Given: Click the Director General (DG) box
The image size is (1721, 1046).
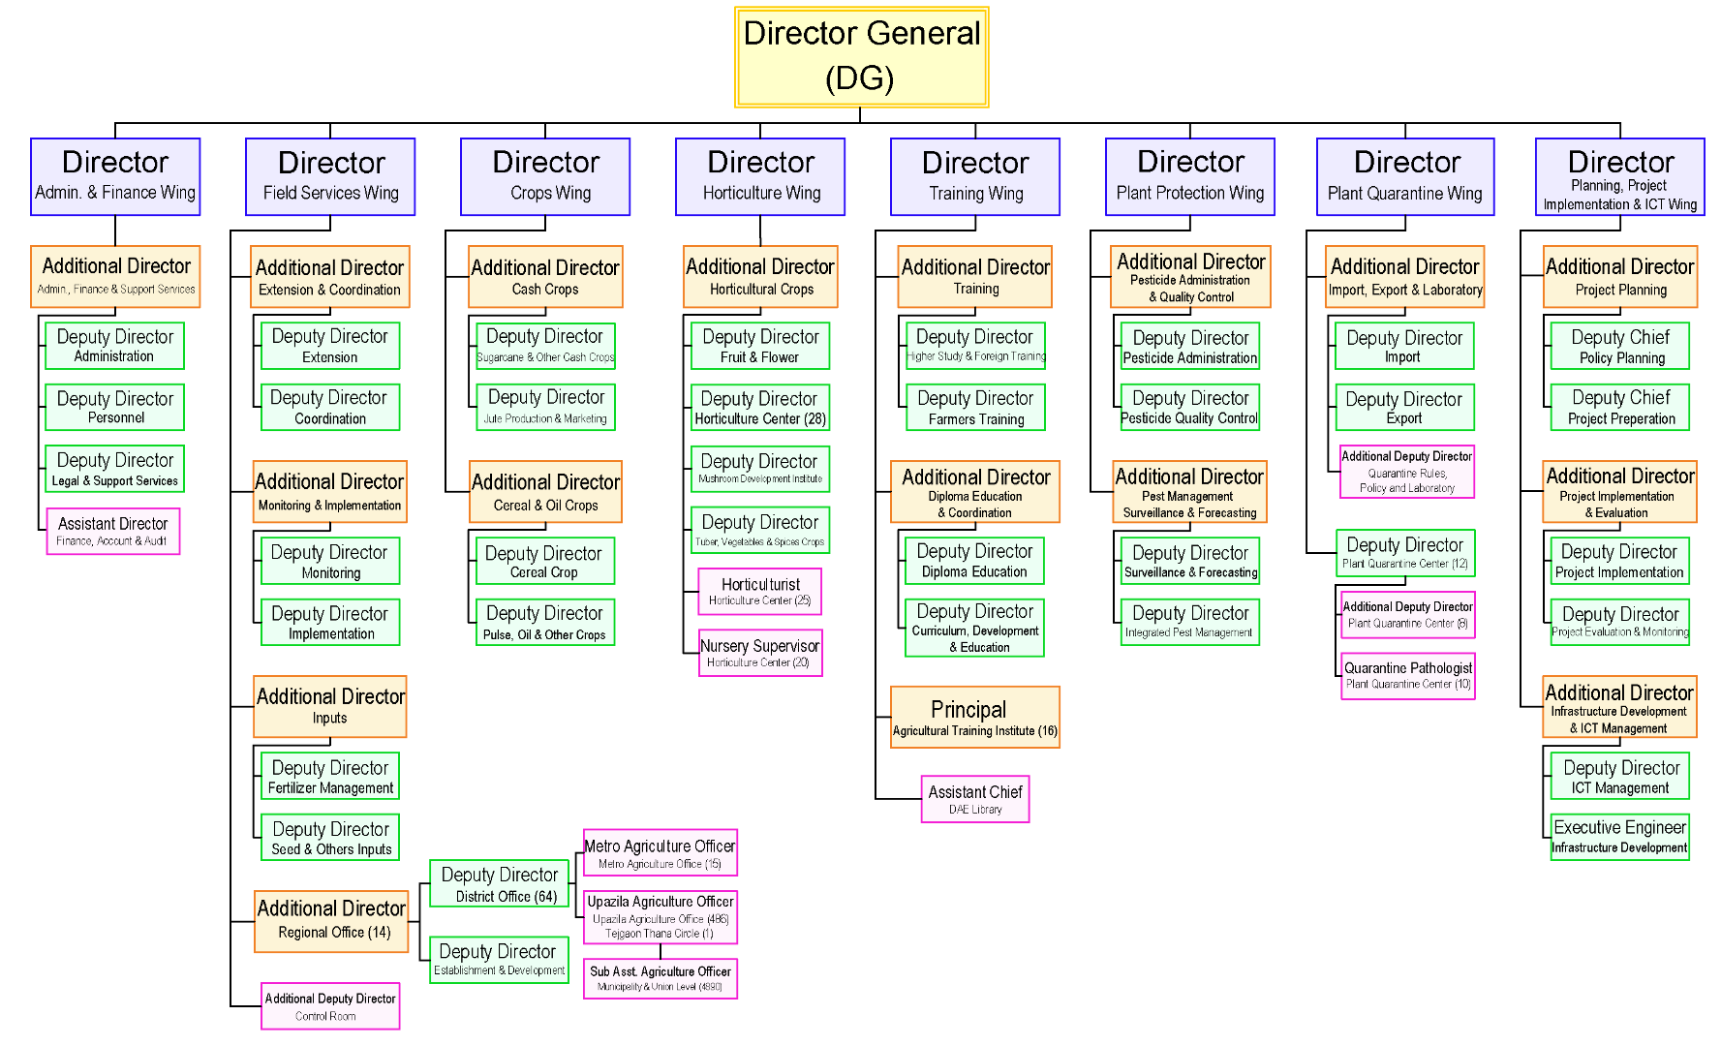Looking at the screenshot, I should pyautogui.click(x=861, y=57).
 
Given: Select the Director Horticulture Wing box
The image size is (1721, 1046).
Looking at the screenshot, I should pyautogui.click(x=760, y=176).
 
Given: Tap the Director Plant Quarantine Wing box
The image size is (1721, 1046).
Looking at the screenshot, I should pyautogui.click(x=1405, y=176).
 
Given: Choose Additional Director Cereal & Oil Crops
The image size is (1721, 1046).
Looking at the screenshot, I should pyautogui.click(x=545, y=492).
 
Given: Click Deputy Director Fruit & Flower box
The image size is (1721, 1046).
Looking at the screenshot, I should pyautogui.click(x=760, y=346).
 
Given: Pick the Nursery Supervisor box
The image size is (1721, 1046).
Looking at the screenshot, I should pyautogui.click(x=760, y=653).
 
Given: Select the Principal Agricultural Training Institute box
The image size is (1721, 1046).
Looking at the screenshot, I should pyautogui.click(x=974, y=718).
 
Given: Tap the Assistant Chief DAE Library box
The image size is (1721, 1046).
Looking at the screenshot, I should pyautogui.click(x=975, y=799).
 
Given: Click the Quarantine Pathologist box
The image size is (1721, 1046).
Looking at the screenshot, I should pyautogui.click(x=1408, y=675).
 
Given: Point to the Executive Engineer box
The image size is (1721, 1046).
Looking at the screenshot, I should pyautogui.click(x=1620, y=837).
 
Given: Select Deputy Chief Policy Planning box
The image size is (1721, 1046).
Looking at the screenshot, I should pyautogui.click(x=1620, y=346).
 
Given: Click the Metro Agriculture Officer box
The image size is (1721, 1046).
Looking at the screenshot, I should pyautogui.click(x=660, y=853).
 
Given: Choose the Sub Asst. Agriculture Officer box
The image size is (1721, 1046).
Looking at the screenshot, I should pyautogui.click(x=660, y=977).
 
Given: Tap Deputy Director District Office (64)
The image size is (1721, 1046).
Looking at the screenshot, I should pyautogui.click(x=500, y=884).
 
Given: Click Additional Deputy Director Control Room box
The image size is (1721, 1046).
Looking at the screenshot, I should pyautogui.click(x=330, y=1006).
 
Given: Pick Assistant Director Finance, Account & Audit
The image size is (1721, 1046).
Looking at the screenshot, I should pyautogui.click(x=113, y=531).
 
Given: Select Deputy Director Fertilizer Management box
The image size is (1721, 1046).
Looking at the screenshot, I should pyautogui.click(x=330, y=776).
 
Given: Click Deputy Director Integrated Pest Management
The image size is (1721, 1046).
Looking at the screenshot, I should pyautogui.click(x=1189, y=622).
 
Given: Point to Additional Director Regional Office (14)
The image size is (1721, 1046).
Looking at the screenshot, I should pyautogui.click(x=331, y=921).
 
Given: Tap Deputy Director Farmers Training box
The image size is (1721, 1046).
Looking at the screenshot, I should pyautogui.click(x=975, y=408).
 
